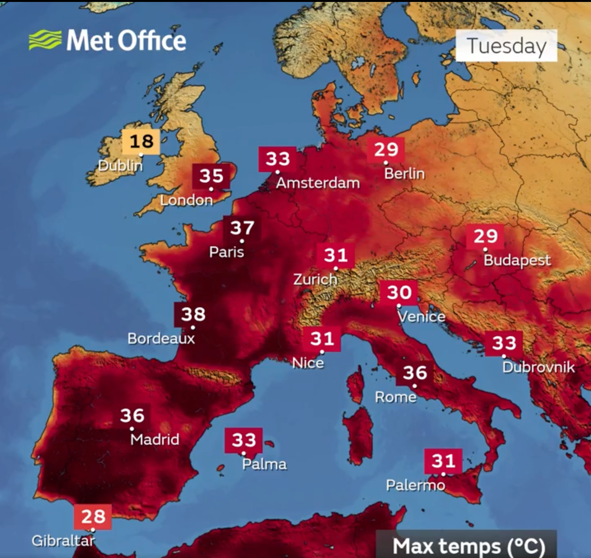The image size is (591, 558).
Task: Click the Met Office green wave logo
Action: (x=45, y=40)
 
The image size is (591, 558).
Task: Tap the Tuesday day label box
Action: (x=506, y=46)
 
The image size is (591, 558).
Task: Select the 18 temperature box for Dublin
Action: (x=141, y=141)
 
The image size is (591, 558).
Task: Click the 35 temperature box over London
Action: (x=211, y=176)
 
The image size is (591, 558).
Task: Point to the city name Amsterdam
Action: (x=318, y=183)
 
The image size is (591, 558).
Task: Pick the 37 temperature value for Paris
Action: (x=242, y=228)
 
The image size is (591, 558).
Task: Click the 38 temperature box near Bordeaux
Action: (x=193, y=314)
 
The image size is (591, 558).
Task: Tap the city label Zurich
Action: (x=315, y=279)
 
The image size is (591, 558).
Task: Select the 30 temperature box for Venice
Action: (x=399, y=292)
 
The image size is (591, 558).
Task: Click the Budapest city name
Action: (x=517, y=260)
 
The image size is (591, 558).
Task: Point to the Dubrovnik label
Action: (x=538, y=367)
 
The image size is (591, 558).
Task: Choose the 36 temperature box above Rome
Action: (x=415, y=373)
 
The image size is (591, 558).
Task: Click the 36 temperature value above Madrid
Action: (x=132, y=415)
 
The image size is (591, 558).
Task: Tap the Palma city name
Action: (x=264, y=464)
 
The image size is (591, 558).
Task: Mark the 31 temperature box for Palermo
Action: (x=443, y=461)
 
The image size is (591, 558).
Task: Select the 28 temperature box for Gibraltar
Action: (x=93, y=516)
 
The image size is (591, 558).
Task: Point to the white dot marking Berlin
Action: (x=386, y=163)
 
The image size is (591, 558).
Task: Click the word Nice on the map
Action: (x=308, y=363)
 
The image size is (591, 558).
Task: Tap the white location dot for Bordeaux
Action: (x=193, y=328)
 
